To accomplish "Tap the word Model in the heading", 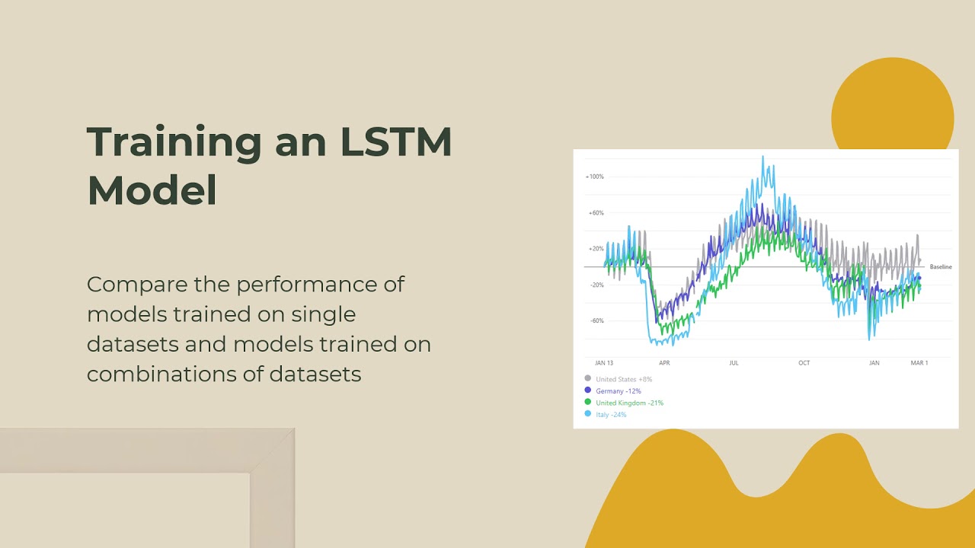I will [x=152, y=190].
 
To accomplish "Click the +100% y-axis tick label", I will [x=594, y=177].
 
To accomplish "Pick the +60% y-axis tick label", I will [x=596, y=213].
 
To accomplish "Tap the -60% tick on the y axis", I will [x=596, y=320].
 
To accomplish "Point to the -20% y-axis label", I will [x=596, y=285].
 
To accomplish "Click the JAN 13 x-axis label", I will [x=604, y=363].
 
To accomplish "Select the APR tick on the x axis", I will [x=664, y=363].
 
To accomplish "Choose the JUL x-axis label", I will [x=734, y=363].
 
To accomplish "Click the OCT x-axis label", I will [x=804, y=363].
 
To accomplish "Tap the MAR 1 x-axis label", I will [x=919, y=363].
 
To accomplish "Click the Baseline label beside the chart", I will [x=941, y=267].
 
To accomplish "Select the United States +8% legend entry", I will [x=623, y=379].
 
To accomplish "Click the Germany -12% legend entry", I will [x=618, y=390].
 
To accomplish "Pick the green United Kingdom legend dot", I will [x=587, y=402].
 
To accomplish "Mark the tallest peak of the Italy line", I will [x=762, y=158].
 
